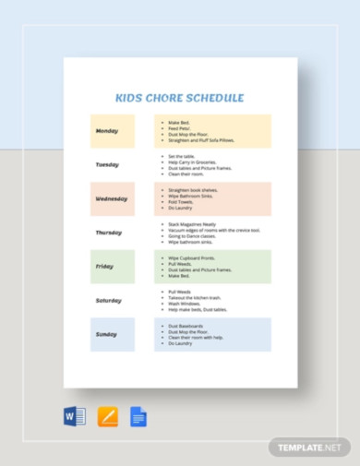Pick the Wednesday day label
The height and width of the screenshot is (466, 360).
112,198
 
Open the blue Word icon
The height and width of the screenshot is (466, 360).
75,416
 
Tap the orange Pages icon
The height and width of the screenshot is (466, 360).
107,416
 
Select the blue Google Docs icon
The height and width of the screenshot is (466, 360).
139,416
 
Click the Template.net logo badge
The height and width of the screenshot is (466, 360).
310,447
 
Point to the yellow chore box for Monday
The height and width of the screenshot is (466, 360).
212,131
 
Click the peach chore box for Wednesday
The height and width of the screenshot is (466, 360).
212,198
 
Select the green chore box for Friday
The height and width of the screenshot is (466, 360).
212,267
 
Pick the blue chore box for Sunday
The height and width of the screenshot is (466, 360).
212,334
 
